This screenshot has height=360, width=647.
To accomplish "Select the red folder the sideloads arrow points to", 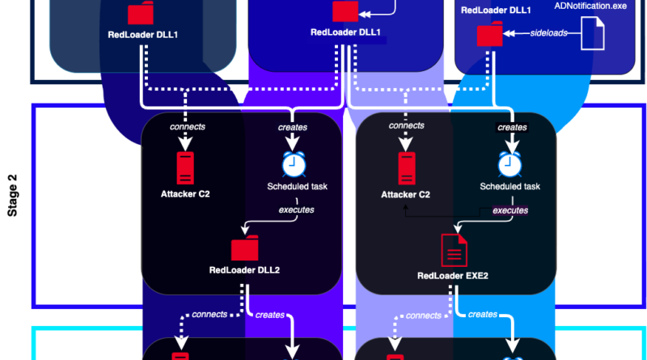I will [488, 35].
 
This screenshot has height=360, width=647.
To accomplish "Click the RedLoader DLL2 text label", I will [244, 269].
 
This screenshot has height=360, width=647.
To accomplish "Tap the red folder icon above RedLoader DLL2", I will [243, 248].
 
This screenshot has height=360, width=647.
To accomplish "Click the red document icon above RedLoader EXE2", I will [452, 250].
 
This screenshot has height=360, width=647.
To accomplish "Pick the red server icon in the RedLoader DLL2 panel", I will [186, 167].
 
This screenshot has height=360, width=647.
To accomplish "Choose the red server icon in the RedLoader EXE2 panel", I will [406, 167].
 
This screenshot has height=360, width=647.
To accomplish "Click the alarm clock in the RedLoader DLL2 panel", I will [293, 164].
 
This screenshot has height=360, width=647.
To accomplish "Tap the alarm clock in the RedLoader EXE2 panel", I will [510, 164].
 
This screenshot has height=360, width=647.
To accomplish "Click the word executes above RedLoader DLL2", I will [297, 210].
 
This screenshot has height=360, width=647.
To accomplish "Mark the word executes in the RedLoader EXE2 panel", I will [510, 210].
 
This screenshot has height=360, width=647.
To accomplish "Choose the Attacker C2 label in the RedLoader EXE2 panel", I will [405, 195].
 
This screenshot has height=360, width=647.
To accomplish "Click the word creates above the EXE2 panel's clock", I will [512, 128].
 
